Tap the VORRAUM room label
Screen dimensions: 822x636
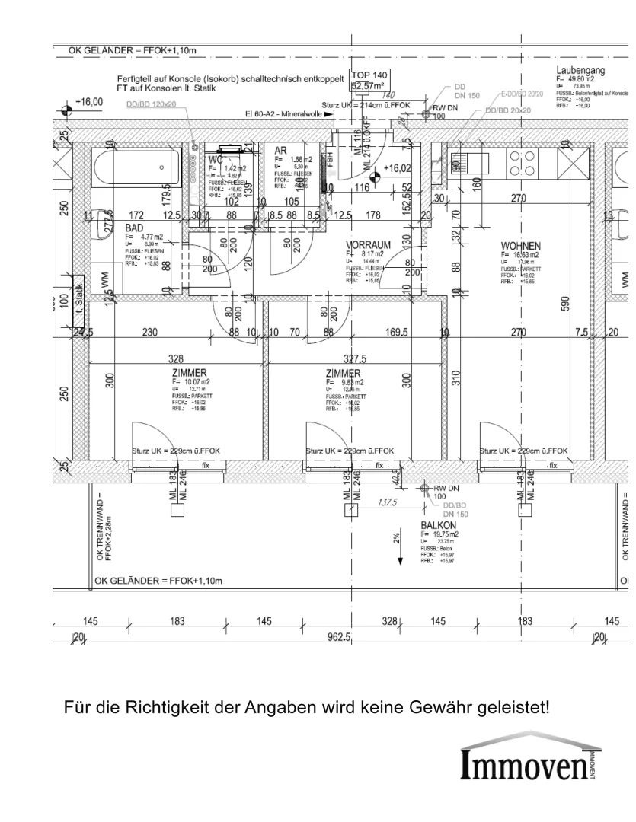[x=368, y=245]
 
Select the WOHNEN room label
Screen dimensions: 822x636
[x=521, y=246]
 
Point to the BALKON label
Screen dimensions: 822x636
[x=438, y=526]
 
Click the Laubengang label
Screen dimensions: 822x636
[x=580, y=70]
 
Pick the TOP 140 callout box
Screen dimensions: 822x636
[x=369, y=80]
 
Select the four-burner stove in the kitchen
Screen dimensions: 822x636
[x=522, y=162]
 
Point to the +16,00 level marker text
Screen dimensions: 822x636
[x=89, y=102]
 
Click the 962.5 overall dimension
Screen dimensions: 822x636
[x=338, y=637]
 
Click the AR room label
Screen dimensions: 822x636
[x=280, y=151]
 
